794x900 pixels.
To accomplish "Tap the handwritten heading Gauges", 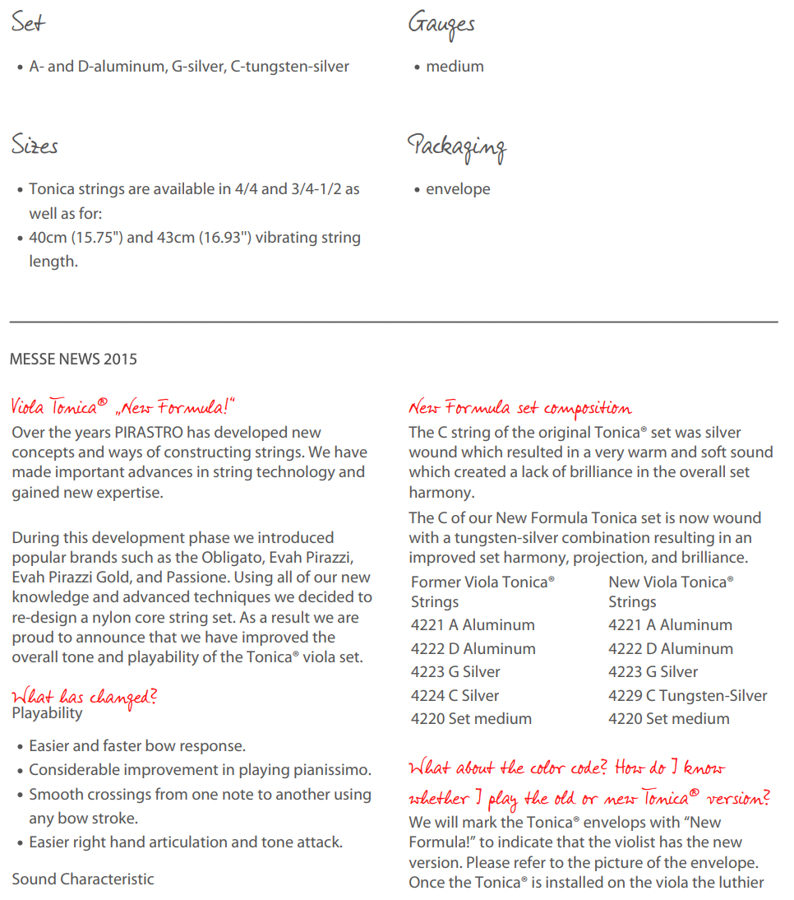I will point(441,25).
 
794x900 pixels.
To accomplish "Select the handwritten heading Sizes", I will point(35,146).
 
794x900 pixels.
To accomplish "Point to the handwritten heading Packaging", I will point(457,147).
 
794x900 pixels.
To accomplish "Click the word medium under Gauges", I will point(455,67).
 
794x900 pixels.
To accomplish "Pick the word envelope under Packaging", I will point(458,189).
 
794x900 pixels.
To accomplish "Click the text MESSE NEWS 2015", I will point(73,359).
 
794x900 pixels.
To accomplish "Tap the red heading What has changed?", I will point(83,697).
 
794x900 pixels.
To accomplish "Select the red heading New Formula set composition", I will point(519,408).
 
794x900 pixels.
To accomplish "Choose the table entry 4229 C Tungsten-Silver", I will point(687,695).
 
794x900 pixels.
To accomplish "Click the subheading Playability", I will point(47,713).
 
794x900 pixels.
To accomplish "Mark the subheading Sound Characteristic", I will point(83,879).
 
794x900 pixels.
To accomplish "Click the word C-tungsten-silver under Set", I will point(290,67).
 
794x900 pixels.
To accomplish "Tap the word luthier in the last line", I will point(738,882).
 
